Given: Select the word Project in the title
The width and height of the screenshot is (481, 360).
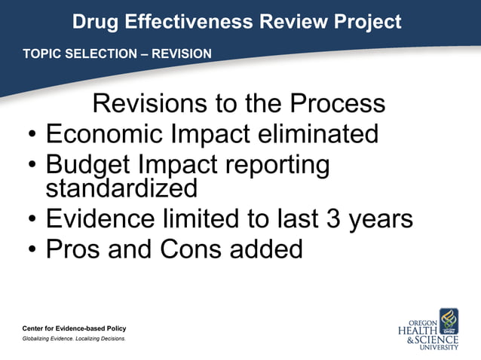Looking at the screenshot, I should tap(367, 22).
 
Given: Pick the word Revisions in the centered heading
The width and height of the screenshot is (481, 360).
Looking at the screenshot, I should tap(149, 103).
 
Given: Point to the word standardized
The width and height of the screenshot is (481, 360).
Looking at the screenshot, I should tap(121, 188).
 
